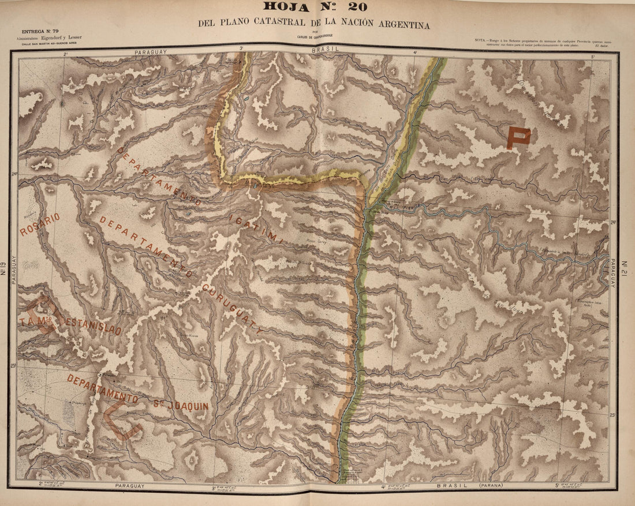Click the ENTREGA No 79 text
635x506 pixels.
tap(42, 32)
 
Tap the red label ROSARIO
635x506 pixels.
tap(39, 225)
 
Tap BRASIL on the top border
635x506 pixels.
tap(323, 51)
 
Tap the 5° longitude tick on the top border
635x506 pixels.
tap(592, 56)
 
